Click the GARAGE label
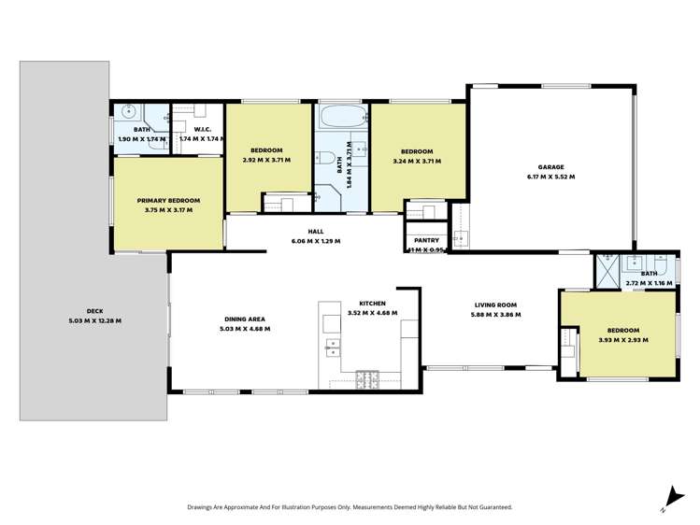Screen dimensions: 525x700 [x=551, y=166]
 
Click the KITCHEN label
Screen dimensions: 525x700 [x=372, y=304]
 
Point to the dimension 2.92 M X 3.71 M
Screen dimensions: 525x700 [x=266, y=161]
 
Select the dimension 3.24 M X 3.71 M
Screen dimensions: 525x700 [x=417, y=161]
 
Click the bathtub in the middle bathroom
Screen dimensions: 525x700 [x=342, y=118]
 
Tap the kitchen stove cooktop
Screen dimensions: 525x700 [x=366, y=378]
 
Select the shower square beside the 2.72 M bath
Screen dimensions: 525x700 [x=607, y=275]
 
